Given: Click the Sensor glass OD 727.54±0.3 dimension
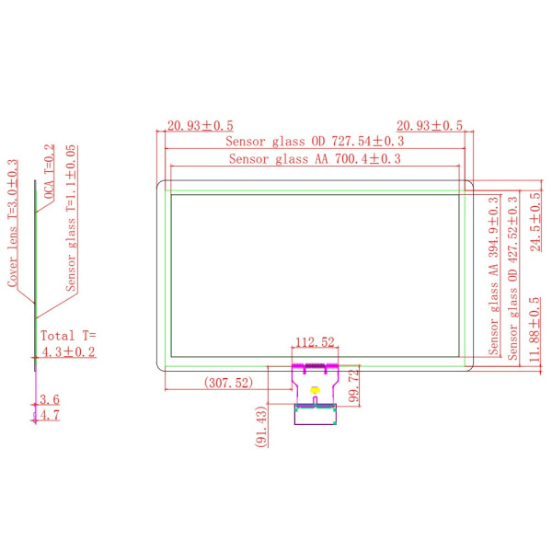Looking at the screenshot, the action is (x=315, y=142).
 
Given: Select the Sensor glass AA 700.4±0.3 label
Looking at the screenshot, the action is (x=315, y=159).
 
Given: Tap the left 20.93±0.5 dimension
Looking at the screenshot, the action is (x=200, y=126).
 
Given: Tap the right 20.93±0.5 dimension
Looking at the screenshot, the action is (x=430, y=126).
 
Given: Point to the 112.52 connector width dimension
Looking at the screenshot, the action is (x=315, y=342).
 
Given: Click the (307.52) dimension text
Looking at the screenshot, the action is (x=228, y=383).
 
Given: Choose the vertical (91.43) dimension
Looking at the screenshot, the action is (x=261, y=427).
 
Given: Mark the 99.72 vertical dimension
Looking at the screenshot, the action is (x=354, y=385).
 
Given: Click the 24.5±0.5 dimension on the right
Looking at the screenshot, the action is (x=535, y=222).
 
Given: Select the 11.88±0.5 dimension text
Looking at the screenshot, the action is (x=535, y=329).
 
